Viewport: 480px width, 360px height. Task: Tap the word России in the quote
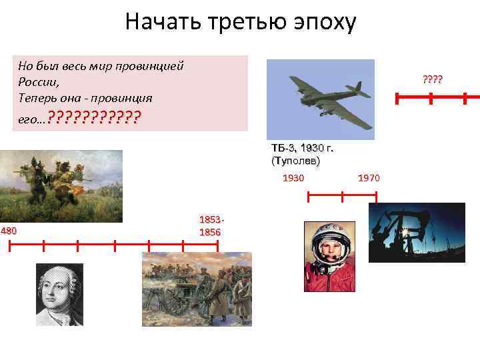point(38,82)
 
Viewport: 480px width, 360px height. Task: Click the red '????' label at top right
point(432,81)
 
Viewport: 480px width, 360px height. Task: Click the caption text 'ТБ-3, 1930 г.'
point(302,148)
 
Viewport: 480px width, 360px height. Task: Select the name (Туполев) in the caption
point(295,161)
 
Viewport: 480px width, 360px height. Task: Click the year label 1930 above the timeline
point(293,178)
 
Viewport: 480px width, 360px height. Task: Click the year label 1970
point(369,178)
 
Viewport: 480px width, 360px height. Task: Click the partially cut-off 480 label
point(9,231)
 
